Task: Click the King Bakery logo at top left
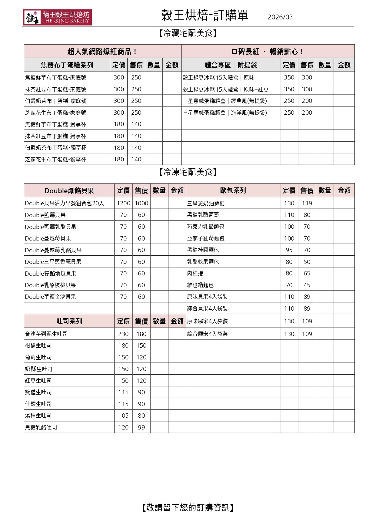click(57, 17)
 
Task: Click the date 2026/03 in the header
click(280, 17)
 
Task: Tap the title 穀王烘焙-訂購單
click(205, 15)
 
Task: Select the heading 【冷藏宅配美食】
click(188, 33)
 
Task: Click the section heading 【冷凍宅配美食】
click(188, 172)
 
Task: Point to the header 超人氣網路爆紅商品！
click(102, 52)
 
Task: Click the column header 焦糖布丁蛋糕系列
click(67, 65)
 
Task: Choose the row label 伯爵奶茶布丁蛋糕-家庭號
click(56, 101)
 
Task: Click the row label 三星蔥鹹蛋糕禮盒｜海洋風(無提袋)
click(225, 113)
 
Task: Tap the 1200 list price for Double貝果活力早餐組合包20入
click(123, 203)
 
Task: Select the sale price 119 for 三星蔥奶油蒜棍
click(307, 203)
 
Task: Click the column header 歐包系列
click(233, 190)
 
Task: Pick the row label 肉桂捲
click(195, 273)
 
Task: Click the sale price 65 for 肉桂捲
click(307, 273)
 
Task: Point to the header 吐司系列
click(69, 321)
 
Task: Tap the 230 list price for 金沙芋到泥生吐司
click(123, 334)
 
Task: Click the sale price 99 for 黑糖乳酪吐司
click(141, 427)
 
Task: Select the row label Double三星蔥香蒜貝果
click(53, 262)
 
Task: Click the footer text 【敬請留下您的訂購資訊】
click(188, 508)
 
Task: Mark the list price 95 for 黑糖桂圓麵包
click(289, 250)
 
